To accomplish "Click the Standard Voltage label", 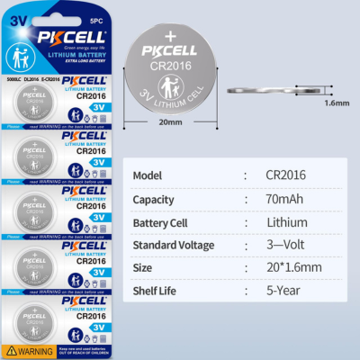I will (x=173, y=245).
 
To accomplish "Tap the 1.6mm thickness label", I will (x=335, y=102).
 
